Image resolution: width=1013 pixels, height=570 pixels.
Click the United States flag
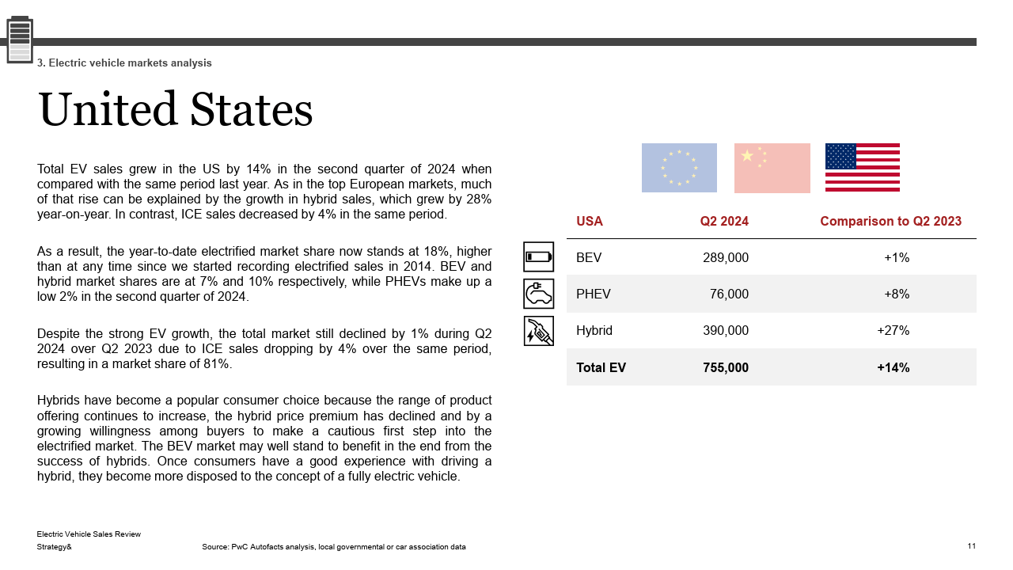tap(862, 167)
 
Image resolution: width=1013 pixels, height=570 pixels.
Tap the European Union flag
tap(679, 168)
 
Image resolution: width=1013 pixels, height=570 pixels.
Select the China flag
tap(772, 168)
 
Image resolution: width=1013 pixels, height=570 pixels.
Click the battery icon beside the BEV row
tap(539, 256)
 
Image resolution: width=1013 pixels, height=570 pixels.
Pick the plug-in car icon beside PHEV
tap(539, 294)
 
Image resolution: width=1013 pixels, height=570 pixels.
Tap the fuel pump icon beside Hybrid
tap(539, 331)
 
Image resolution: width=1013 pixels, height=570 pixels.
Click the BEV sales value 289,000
tap(725, 257)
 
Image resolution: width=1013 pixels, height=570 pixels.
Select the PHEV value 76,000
tap(729, 294)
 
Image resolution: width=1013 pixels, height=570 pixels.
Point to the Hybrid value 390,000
tap(725, 331)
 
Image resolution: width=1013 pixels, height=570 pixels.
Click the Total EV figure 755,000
tap(725, 367)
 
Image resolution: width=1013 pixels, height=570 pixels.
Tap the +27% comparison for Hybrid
tap(893, 331)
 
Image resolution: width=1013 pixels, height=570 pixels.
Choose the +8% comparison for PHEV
tap(896, 294)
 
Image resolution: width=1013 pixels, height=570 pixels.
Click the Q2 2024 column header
tap(723, 222)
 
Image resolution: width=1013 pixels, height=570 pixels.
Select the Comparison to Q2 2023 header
tap(890, 222)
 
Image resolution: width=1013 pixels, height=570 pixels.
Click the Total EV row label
tap(601, 367)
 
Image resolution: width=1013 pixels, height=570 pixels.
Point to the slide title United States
tap(175, 109)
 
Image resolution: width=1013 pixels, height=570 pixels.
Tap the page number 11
tap(971, 546)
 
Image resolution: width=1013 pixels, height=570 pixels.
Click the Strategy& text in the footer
tap(54, 547)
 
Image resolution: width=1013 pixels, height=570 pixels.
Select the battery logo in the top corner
tap(20, 39)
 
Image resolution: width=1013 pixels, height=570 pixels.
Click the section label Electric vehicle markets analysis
tap(124, 63)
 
